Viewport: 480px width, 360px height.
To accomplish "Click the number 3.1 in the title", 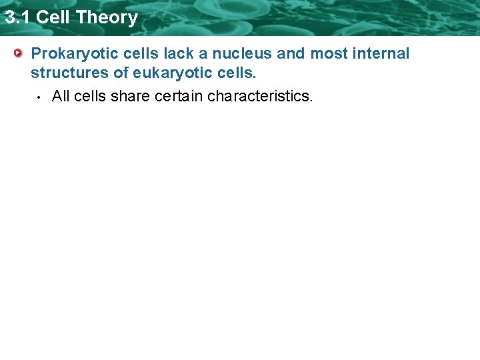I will click(17, 17).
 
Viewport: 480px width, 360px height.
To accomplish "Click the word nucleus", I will click(242, 53).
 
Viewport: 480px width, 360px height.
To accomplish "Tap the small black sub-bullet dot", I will click(39, 97).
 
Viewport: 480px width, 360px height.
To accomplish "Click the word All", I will click(61, 96).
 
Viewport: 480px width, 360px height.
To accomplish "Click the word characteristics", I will click(259, 96).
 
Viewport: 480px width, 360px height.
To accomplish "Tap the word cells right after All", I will click(90, 96).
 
